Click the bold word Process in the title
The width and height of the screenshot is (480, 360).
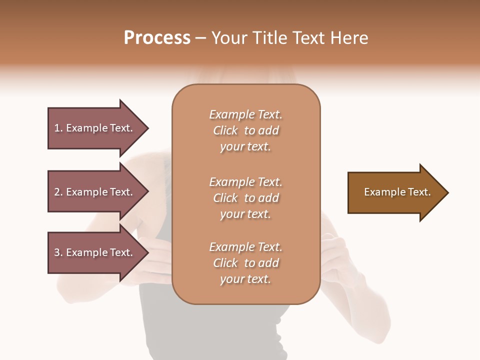pos(157,38)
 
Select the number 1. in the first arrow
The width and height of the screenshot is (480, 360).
pos(58,128)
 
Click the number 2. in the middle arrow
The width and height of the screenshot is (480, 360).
pos(58,192)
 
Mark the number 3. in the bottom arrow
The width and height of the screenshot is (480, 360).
pos(58,252)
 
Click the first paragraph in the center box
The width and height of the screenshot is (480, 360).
pos(245,130)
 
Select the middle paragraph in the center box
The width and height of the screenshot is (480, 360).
pos(245,198)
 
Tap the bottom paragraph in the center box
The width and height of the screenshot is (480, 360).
pos(245,263)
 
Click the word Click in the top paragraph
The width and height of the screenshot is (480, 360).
pos(225,130)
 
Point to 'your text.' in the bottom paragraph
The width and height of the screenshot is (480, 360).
pos(245,279)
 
